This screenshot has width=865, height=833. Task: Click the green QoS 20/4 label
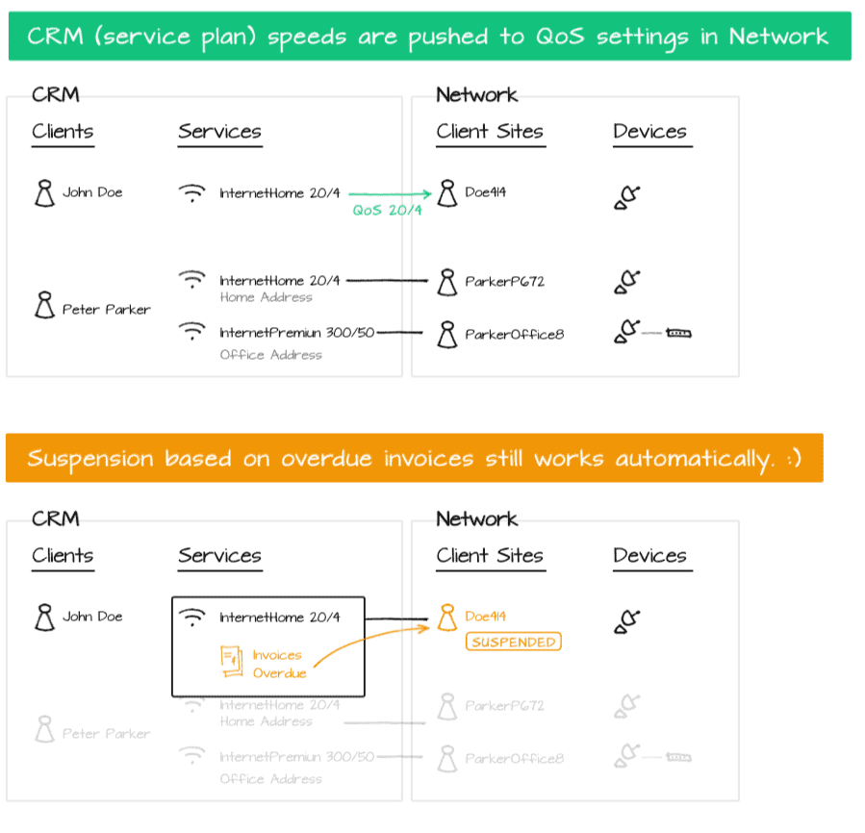click(x=387, y=211)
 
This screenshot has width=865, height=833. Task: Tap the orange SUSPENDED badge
click(x=513, y=642)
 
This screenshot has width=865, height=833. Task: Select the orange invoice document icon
click(x=230, y=662)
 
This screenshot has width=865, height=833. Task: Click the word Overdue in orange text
click(x=279, y=673)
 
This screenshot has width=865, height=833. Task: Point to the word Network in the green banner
click(x=777, y=37)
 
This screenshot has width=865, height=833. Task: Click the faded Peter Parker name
click(x=106, y=734)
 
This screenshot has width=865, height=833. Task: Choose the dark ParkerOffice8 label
click(x=514, y=335)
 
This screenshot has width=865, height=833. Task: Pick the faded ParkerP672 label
click(x=504, y=706)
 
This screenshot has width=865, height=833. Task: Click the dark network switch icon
click(x=679, y=334)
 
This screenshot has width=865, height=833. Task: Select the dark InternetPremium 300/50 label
click(x=296, y=333)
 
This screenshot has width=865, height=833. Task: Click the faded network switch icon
click(x=679, y=758)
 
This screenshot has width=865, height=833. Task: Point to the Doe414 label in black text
click(x=486, y=192)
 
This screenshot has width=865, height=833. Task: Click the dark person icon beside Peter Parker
click(x=44, y=307)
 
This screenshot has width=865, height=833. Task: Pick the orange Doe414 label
click(x=486, y=617)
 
